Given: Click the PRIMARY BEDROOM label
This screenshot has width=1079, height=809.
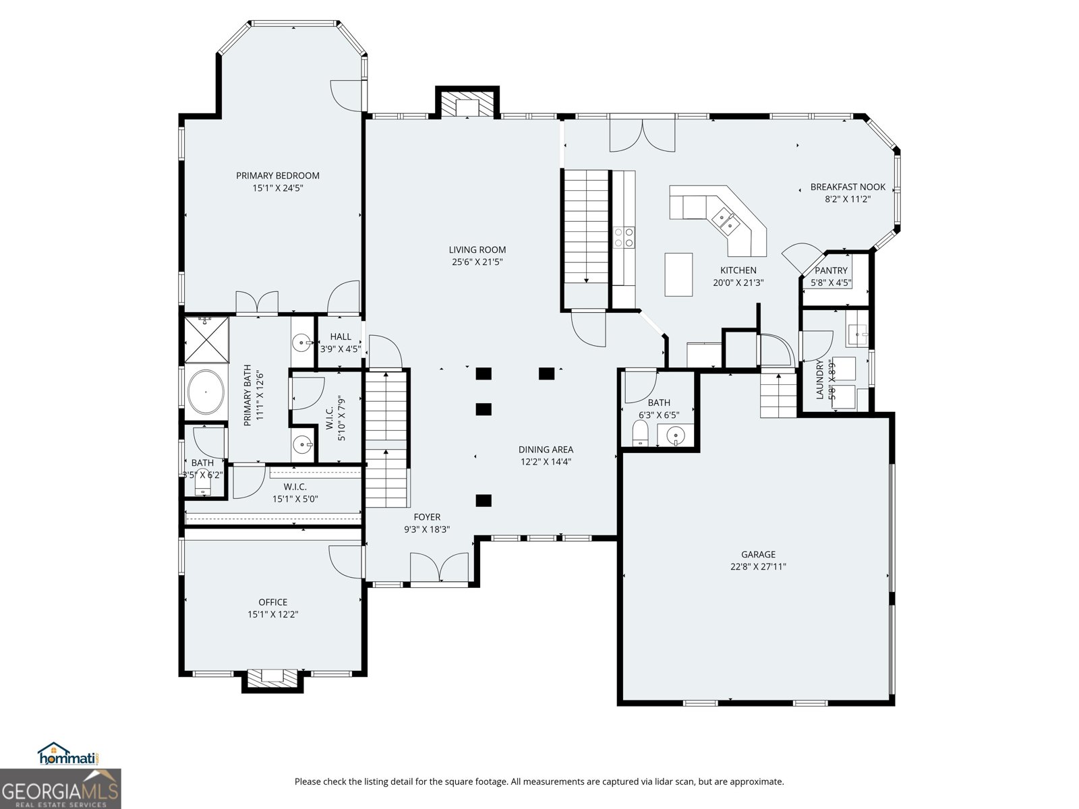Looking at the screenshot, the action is coord(277,175).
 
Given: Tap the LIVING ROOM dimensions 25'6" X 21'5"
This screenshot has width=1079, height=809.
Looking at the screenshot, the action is coord(477,262).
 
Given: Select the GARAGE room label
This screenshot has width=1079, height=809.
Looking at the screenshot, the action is coord(758,554).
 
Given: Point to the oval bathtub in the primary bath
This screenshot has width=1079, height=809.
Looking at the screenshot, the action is coord(206,392).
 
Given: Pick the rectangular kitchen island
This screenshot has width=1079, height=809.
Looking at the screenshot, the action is coord(678,274).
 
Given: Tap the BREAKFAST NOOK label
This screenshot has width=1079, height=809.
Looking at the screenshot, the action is coord(848,187).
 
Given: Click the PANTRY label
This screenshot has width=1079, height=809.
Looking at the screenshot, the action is coord(831,270).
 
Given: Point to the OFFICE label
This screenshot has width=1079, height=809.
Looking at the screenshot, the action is coord(273,602).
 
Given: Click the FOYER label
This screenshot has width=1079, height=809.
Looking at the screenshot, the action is coord(427,516).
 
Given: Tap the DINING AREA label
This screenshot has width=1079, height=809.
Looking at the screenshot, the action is coord(546,449).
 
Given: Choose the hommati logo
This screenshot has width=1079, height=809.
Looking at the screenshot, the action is coord(69,754).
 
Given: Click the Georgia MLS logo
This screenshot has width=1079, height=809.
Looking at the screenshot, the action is coord(60,788).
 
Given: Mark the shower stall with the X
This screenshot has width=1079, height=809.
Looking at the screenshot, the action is coord(206,340).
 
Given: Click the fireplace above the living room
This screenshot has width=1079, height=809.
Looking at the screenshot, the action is coord(467,103).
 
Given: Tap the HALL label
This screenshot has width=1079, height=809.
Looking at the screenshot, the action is coord(340,336).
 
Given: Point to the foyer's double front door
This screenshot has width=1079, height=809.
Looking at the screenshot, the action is coord(439,568).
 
